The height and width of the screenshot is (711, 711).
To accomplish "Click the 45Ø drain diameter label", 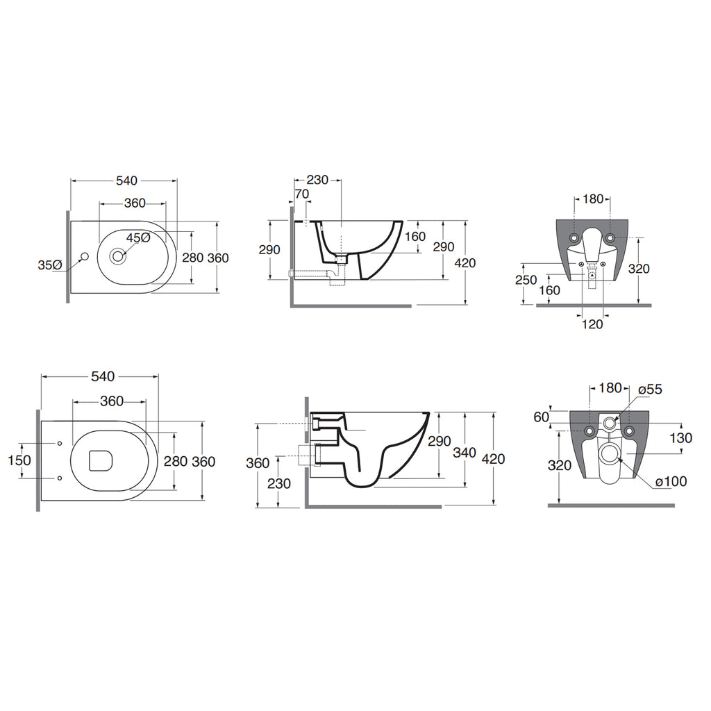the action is tap(138, 237).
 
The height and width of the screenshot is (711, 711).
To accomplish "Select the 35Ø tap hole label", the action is tap(50, 265).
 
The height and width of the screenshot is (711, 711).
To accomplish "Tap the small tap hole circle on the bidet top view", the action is tap(83, 257).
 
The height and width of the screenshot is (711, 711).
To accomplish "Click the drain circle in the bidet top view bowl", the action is tap(118, 256).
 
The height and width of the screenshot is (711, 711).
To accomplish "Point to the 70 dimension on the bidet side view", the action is tap(301, 194).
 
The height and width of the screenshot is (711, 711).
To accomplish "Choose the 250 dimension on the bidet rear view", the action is tap(526, 280).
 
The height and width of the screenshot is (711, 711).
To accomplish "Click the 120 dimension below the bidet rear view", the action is tap(592, 324).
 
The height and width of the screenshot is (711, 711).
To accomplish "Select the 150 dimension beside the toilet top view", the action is tap(19, 460).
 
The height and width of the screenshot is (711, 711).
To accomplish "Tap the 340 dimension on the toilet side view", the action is tap(465, 452).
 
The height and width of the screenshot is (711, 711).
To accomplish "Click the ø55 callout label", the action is tap(650, 389).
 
